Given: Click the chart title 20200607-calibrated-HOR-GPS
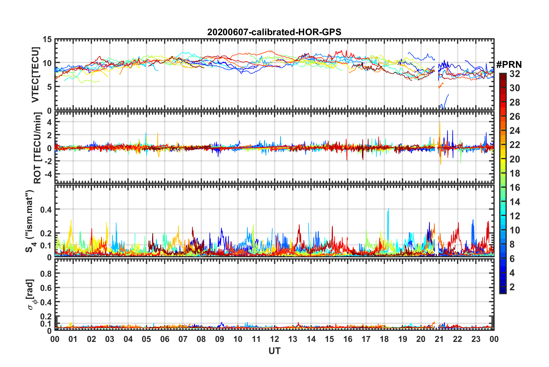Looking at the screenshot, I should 274,32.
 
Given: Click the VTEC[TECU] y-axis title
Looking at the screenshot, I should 35,75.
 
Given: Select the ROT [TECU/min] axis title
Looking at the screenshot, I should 37,148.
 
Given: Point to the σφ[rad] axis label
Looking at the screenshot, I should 31,295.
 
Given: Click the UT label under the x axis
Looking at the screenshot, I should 274,351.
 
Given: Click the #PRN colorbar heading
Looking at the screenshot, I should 509,64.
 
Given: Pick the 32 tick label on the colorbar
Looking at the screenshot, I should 515,74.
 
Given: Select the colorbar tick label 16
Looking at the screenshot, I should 515,188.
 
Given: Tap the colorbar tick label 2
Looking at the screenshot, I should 512,287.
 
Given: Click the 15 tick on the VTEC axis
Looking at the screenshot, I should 47,39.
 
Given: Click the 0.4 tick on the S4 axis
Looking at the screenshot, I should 46,209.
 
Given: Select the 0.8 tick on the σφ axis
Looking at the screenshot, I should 46,273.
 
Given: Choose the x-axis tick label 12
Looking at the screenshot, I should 274,339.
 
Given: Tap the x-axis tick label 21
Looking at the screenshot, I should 439,339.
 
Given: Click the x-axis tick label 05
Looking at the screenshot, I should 146,339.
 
